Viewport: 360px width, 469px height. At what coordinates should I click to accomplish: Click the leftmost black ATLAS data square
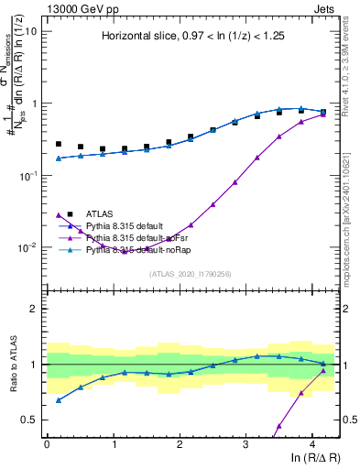59,144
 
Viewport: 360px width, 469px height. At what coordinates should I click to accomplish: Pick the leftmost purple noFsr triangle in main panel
59,215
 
